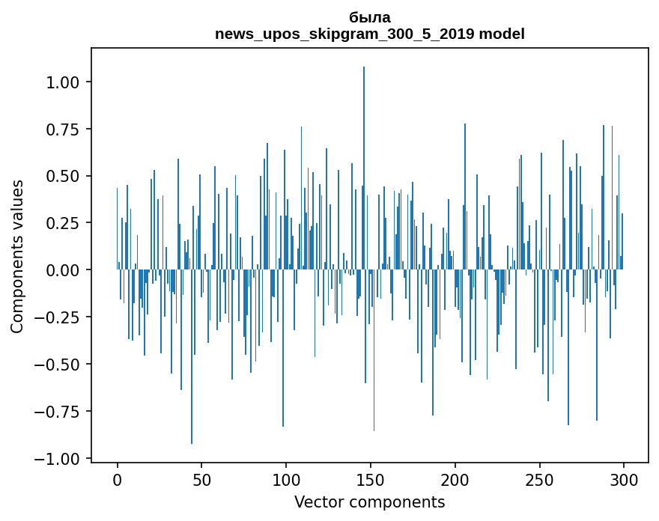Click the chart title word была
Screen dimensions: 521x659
point(369,18)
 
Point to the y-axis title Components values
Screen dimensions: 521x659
point(17,256)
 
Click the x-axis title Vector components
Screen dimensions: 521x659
point(369,502)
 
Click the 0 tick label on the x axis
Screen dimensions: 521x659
point(118,481)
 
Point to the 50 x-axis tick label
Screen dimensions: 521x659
point(201,481)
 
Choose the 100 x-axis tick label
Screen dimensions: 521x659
point(286,481)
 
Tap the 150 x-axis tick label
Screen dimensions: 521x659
point(371,481)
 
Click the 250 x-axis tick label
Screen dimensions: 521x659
point(539,481)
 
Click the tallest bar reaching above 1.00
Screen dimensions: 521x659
point(364,165)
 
